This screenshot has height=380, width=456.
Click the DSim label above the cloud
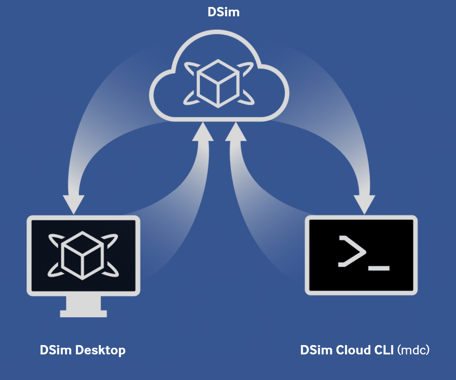223,12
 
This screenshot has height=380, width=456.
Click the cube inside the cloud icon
218,83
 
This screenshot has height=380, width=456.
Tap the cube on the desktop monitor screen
83,255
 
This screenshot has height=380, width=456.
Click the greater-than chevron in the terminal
351,251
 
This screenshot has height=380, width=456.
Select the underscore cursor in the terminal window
379,268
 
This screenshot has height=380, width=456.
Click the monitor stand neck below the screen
83,303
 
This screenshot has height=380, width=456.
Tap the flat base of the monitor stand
83,314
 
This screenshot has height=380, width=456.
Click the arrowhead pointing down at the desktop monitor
74,203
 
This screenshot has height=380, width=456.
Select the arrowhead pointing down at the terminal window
364,203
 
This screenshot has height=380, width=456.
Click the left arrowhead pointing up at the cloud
203,132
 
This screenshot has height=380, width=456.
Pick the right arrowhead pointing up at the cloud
236,132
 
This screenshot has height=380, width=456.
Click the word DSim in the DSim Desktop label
55,350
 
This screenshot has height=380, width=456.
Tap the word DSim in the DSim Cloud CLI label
316,350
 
